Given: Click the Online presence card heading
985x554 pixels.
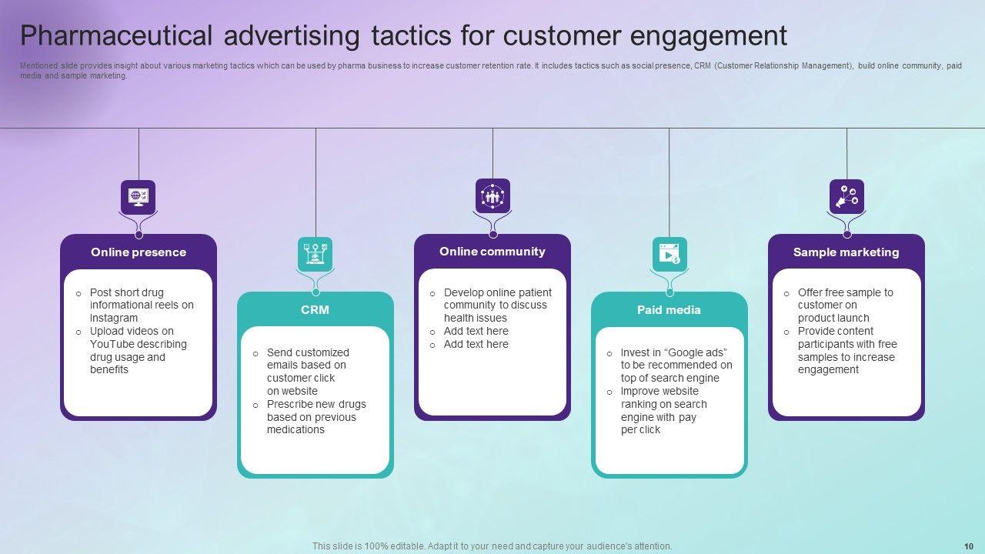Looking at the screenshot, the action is coord(139,252).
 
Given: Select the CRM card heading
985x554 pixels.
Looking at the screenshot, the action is coord(315,310).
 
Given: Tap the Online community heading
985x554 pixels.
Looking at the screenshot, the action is coord(492,252).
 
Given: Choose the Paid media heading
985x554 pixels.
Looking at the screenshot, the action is coord(669,310).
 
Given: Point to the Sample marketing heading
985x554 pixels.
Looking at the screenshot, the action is coord(846,252).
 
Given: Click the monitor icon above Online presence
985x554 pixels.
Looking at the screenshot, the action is coord(139,197).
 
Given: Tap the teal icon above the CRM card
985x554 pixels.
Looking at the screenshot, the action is coord(315,255).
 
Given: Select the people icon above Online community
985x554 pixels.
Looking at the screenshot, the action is coord(492,195).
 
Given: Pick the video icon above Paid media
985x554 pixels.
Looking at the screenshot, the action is coord(669,255).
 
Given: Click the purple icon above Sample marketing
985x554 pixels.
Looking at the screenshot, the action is coord(846,196).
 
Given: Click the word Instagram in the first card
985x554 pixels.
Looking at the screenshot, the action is coord(114,318).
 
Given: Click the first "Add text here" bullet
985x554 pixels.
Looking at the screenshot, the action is coord(476,331).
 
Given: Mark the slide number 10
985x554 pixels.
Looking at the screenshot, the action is coord(968,546).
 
